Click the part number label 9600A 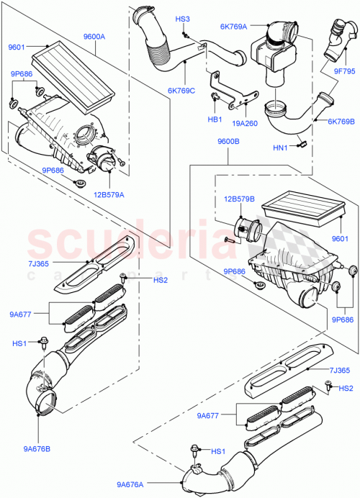(94, 36)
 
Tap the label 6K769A (234, 27)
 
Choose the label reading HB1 (214, 119)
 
